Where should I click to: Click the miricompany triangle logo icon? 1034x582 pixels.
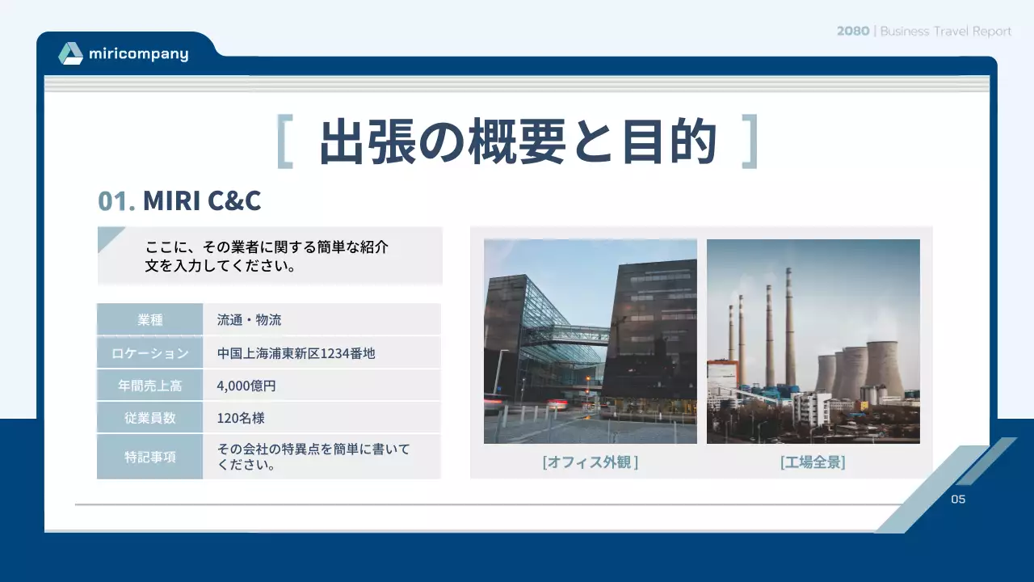click(x=70, y=53)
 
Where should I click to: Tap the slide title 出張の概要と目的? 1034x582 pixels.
click(x=518, y=141)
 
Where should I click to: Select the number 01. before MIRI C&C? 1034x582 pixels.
click(x=116, y=200)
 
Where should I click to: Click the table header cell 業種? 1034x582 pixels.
click(x=149, y=319)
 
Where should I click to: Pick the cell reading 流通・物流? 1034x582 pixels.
click(x=249, y=319)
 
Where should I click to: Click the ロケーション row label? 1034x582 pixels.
click(x=149, y=353)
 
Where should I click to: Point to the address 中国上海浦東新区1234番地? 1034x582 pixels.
click(x=296, y=353)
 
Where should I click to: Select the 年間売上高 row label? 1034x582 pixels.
click(x=149, y=386)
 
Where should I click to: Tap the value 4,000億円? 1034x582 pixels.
click(x=246, y=386)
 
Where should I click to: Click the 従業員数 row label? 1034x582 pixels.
click(x=149, y=418)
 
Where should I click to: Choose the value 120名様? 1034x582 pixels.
click(x=241, y=418)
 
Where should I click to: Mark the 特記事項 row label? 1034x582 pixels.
click(x=149, y=457)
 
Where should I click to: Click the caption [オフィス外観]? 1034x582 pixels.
click(x=591, y=462)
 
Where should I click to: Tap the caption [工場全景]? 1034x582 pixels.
click(x=813, y=462)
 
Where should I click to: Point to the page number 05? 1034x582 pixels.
click(x=958, y=499)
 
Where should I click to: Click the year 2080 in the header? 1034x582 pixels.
click(x=853, y=32)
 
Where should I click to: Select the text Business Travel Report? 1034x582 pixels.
click(x=945, y=32)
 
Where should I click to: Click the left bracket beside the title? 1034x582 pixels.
click(x=284, y=141)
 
